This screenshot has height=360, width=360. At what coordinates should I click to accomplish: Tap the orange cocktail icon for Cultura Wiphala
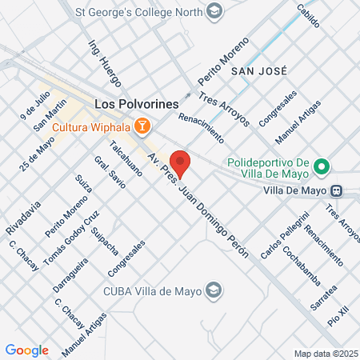coord(142,126)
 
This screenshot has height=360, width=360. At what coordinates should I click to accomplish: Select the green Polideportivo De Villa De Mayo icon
coord(322,166)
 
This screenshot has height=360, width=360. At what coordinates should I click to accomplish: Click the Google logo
coord(27,350)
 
